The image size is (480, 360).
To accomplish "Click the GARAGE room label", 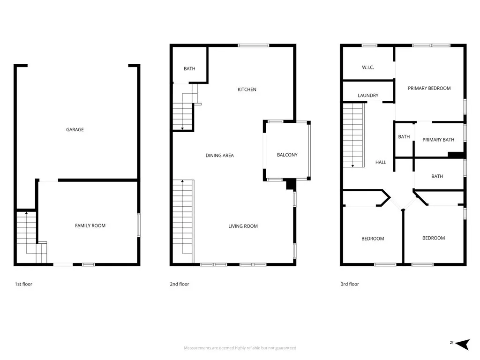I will [75, 130].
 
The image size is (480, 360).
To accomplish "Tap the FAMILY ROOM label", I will [90, 226].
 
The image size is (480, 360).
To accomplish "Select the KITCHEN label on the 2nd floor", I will [247, 90].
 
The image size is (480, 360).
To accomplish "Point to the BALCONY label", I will [287, 155].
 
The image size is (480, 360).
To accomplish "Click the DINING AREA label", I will [219, 156].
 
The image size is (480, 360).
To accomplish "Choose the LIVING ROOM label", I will [243, 226].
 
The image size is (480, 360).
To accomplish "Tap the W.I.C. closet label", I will [368, 67].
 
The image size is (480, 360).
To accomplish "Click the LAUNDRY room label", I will [368, 96].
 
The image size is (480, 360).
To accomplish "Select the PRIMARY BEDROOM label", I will [429, 88].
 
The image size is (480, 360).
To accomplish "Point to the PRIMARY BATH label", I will [438, 140].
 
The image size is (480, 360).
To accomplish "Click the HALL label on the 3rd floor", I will [381, 163].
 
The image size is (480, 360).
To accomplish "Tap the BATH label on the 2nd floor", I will [189, 69].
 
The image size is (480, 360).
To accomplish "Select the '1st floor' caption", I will [23, 284].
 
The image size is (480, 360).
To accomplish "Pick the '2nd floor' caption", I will [180, 284].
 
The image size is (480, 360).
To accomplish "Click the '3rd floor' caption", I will [350, 284].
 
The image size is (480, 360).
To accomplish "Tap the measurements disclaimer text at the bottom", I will [240, 348].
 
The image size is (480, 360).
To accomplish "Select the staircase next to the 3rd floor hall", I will [353, 135].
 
